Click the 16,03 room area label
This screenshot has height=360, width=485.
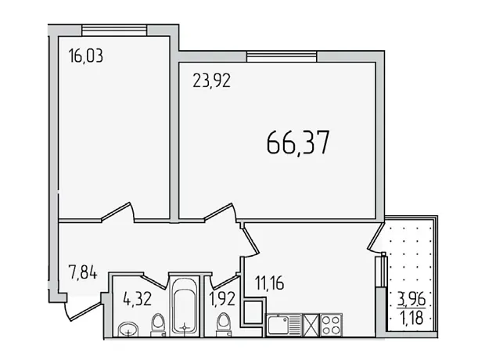[x=86, y=56]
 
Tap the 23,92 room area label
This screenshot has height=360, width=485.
[x=211, y=81]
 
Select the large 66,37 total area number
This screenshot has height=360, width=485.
[x=298, y=142]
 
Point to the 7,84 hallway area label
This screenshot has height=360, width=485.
[x=83, y=273]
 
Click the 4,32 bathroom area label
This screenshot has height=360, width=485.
[x=137, y=299]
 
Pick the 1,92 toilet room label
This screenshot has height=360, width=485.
[x=222, y=299]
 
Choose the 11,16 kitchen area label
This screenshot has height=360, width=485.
[x=269, y=283]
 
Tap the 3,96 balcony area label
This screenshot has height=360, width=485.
[x=411, y=299]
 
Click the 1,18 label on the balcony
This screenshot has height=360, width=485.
[x=411, y=318]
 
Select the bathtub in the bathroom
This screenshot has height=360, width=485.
[x=185, y=306]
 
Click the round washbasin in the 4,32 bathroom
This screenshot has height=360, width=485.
[x=128, y=329]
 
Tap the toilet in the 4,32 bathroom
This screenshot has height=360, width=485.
[x=158, y=325]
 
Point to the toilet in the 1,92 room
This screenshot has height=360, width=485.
[x=224, y=325]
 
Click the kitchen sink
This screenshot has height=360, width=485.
[x=284, y=325]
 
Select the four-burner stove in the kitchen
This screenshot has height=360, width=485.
[x=331, y=325]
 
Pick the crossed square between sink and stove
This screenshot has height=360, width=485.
[x=311, y=325]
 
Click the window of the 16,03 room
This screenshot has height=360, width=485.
[x=114, y=31]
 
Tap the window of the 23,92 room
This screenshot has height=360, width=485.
[x=282, y=57]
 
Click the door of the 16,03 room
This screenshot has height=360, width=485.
[x=118, y=212]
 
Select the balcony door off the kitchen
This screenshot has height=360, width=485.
[x=375, y=236]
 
